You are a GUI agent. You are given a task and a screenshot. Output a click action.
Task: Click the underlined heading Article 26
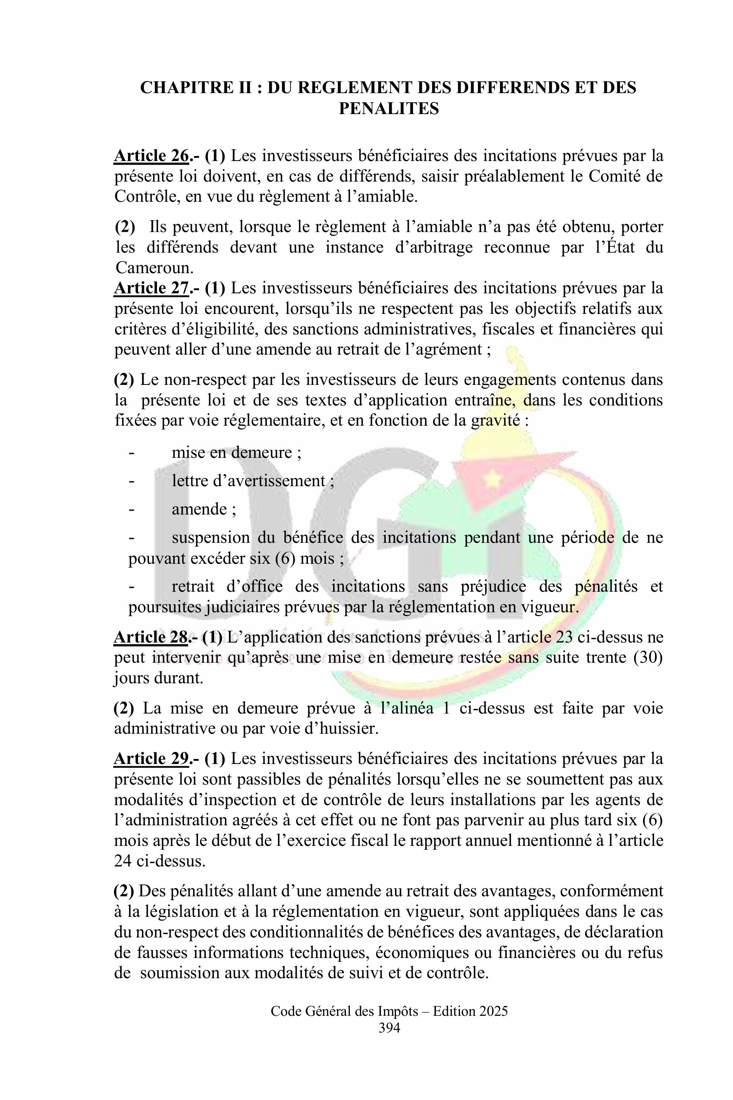151,156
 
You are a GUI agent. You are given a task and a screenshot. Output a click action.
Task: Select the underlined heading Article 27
151,288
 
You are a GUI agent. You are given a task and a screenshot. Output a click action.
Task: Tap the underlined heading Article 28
151,637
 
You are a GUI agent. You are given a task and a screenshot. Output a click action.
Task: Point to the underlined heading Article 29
151,759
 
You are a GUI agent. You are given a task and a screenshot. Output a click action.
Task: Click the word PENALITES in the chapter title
389,109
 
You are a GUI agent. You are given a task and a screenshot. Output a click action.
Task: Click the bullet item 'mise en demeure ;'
236,452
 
